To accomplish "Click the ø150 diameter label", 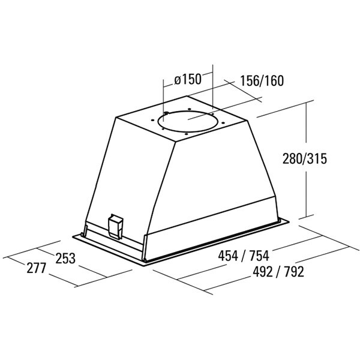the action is click(188, 79).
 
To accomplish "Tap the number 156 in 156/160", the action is click(250, 80).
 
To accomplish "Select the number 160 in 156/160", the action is click(274, 80).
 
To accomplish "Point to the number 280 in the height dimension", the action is click(292, 158).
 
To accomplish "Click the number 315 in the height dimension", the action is click(317, 158).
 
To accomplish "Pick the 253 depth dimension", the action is click(65, 258).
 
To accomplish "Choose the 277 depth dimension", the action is click(37, 268).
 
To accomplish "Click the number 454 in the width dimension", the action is click(228, 256).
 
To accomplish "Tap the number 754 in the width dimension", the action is click(259, 256).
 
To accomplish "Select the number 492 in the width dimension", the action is click(263, 272).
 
